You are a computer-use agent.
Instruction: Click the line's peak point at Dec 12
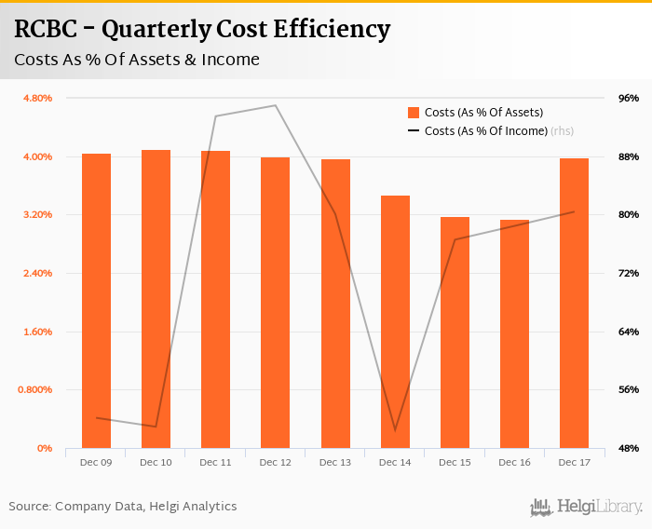point(275,105)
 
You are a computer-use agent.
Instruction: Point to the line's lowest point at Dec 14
point(395,430)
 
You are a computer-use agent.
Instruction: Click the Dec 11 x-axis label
point(215,462)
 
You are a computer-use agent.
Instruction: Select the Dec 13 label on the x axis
point(334,462)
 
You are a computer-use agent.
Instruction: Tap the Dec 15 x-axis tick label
point(455,462)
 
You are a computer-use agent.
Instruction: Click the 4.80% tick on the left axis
point(38,98)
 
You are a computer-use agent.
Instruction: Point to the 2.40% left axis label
point(38,273)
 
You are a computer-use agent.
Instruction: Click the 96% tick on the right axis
point(629,98)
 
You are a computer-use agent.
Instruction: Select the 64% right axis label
point(629,332)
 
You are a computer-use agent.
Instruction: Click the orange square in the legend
point(414,112)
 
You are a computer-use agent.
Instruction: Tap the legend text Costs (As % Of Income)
point(485,131)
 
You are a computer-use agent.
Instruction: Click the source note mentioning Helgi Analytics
point(123,507)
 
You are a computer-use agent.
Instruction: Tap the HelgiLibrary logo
point(587,507)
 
